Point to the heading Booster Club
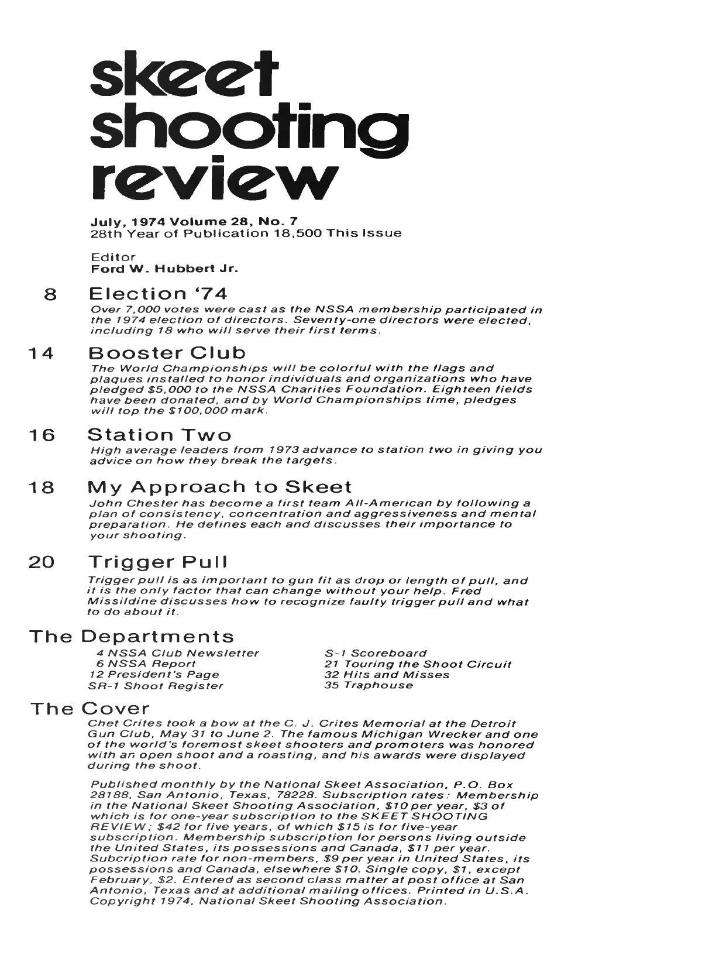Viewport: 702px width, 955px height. tap(167, 353)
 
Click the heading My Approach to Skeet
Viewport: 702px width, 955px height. tap(219, 487)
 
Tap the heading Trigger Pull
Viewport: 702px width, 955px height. tap(157, 562)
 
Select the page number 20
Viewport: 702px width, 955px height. tap(42, 563)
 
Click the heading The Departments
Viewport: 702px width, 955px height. tap(132, 637)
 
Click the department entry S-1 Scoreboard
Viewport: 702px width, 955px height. tap(376, 653)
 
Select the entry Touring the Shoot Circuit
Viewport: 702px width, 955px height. tap(418, 664)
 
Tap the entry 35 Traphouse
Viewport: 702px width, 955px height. tap(369, 685)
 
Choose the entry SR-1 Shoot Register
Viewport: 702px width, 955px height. tap(156, 686)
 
